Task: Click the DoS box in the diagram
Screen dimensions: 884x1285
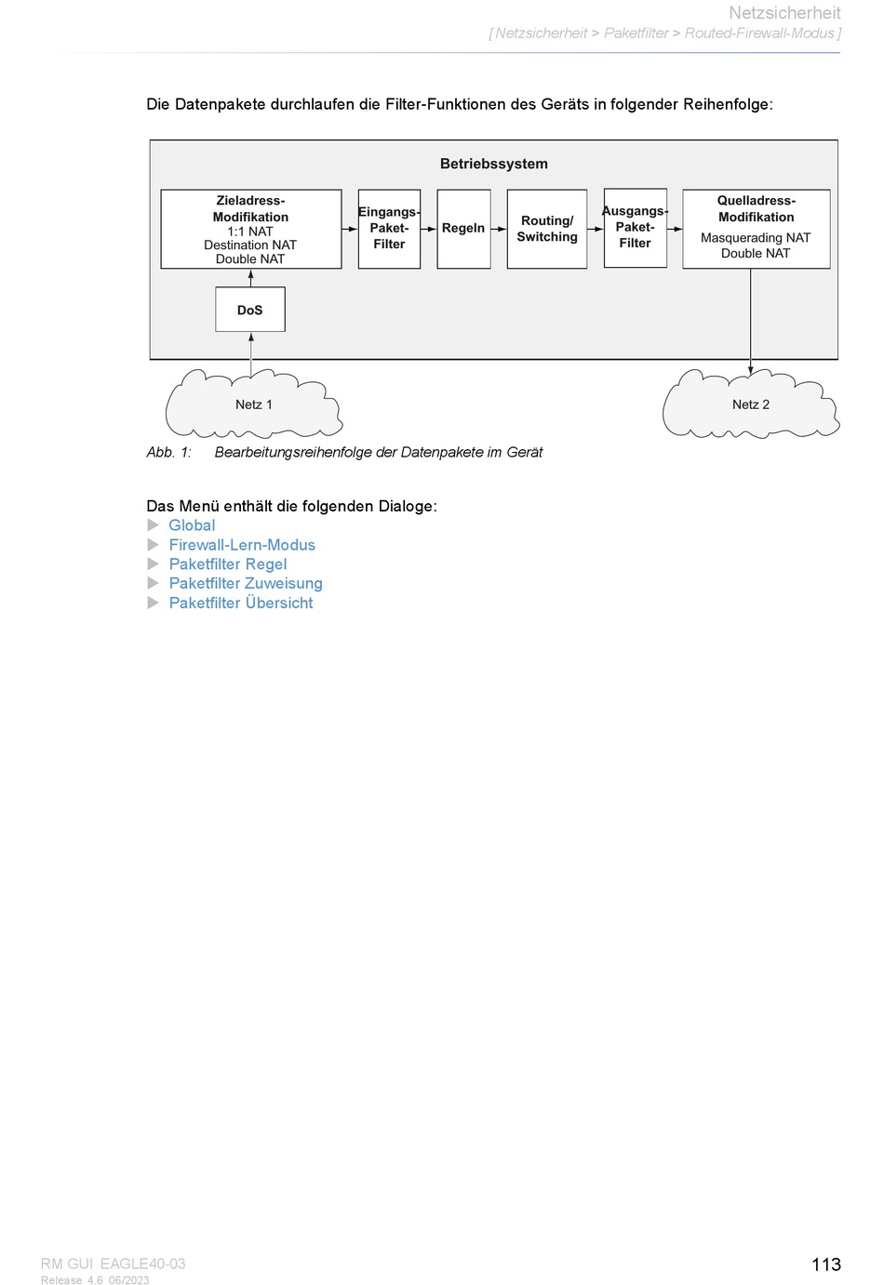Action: pyautogui.click(x=250, y=310)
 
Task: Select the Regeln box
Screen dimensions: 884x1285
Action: pyautogui.click(x=463, y=229)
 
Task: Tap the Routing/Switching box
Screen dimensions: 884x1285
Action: pyautogui.click(x=547, y=229)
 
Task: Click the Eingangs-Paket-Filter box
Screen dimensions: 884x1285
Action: pyautogui.click(x=389, y=229)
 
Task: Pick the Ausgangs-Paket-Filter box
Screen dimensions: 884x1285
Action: pyautogui.click(x=636, y=228)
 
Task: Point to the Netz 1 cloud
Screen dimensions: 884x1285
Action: pyautogui.click(x=254, y=404)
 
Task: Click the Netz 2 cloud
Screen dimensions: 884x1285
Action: pyautogui.click(x=751, y=404)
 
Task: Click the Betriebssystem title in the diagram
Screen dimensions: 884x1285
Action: pyautogui.click(x=494, y=164)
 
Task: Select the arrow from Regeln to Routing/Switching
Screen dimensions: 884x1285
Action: pyautogui.click(x=499, y=229)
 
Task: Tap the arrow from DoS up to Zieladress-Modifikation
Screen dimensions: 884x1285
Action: pyautogui.click(x=251, y=278)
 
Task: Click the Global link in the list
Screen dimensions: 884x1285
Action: pyautogui.click(x=192, y=525)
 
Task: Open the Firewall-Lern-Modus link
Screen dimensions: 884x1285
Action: pyautogui.click(x=242, y=544)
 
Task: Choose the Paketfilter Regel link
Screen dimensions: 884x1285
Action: pyautogui.click(x=227, y=563)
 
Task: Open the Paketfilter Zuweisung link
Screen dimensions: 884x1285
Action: pyautogui.click(x=245, y=583)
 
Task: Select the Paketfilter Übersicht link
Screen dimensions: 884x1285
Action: pyautogui.click(x=240, y=603)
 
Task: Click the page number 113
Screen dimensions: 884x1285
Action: pyautogui.click(x=826, y=1264)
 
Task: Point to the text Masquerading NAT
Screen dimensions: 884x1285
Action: pyautogui.click(x=756, y=237)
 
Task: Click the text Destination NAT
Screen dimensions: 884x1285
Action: pyautogui.click(x=250, y=245)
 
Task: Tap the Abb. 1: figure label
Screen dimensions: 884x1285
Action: pyautogui.click(x=168, y=452)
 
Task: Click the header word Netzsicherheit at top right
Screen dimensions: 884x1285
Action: pyautogui.click(x=784, y=13)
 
